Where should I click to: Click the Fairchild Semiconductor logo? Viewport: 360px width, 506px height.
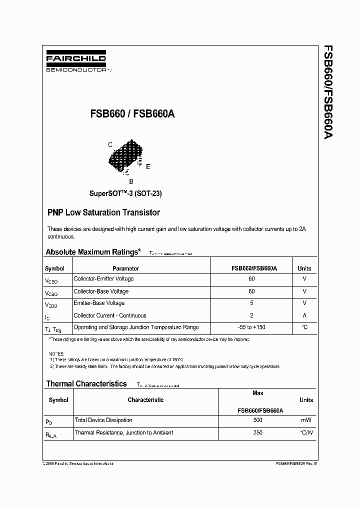point(76,62)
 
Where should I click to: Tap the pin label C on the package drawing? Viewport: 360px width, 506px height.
point(110,144)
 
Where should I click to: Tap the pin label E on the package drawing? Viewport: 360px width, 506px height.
point(148,166)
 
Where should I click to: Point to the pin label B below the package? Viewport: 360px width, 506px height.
point(131,182)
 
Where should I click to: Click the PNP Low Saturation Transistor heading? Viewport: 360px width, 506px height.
point(103,212)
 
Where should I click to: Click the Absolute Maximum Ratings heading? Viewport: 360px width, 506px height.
point(93,252)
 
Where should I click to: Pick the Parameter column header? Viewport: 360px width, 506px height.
point(125,268)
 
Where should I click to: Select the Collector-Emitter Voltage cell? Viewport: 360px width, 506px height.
point(103,279)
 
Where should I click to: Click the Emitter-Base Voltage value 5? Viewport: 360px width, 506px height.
point(251,303)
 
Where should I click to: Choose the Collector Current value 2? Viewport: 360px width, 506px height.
point(251,315)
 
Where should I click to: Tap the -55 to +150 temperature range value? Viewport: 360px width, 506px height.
point(251,327)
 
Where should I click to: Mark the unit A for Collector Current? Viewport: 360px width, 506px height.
point(304,315)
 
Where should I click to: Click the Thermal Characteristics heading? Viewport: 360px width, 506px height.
point(86,383)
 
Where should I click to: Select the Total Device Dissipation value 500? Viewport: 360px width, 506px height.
point(258,420)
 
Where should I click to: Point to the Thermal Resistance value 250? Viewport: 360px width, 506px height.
point(258,432)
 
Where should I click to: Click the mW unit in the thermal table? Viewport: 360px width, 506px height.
point(306,420)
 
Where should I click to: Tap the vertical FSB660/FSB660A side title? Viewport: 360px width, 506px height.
point(328,92)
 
